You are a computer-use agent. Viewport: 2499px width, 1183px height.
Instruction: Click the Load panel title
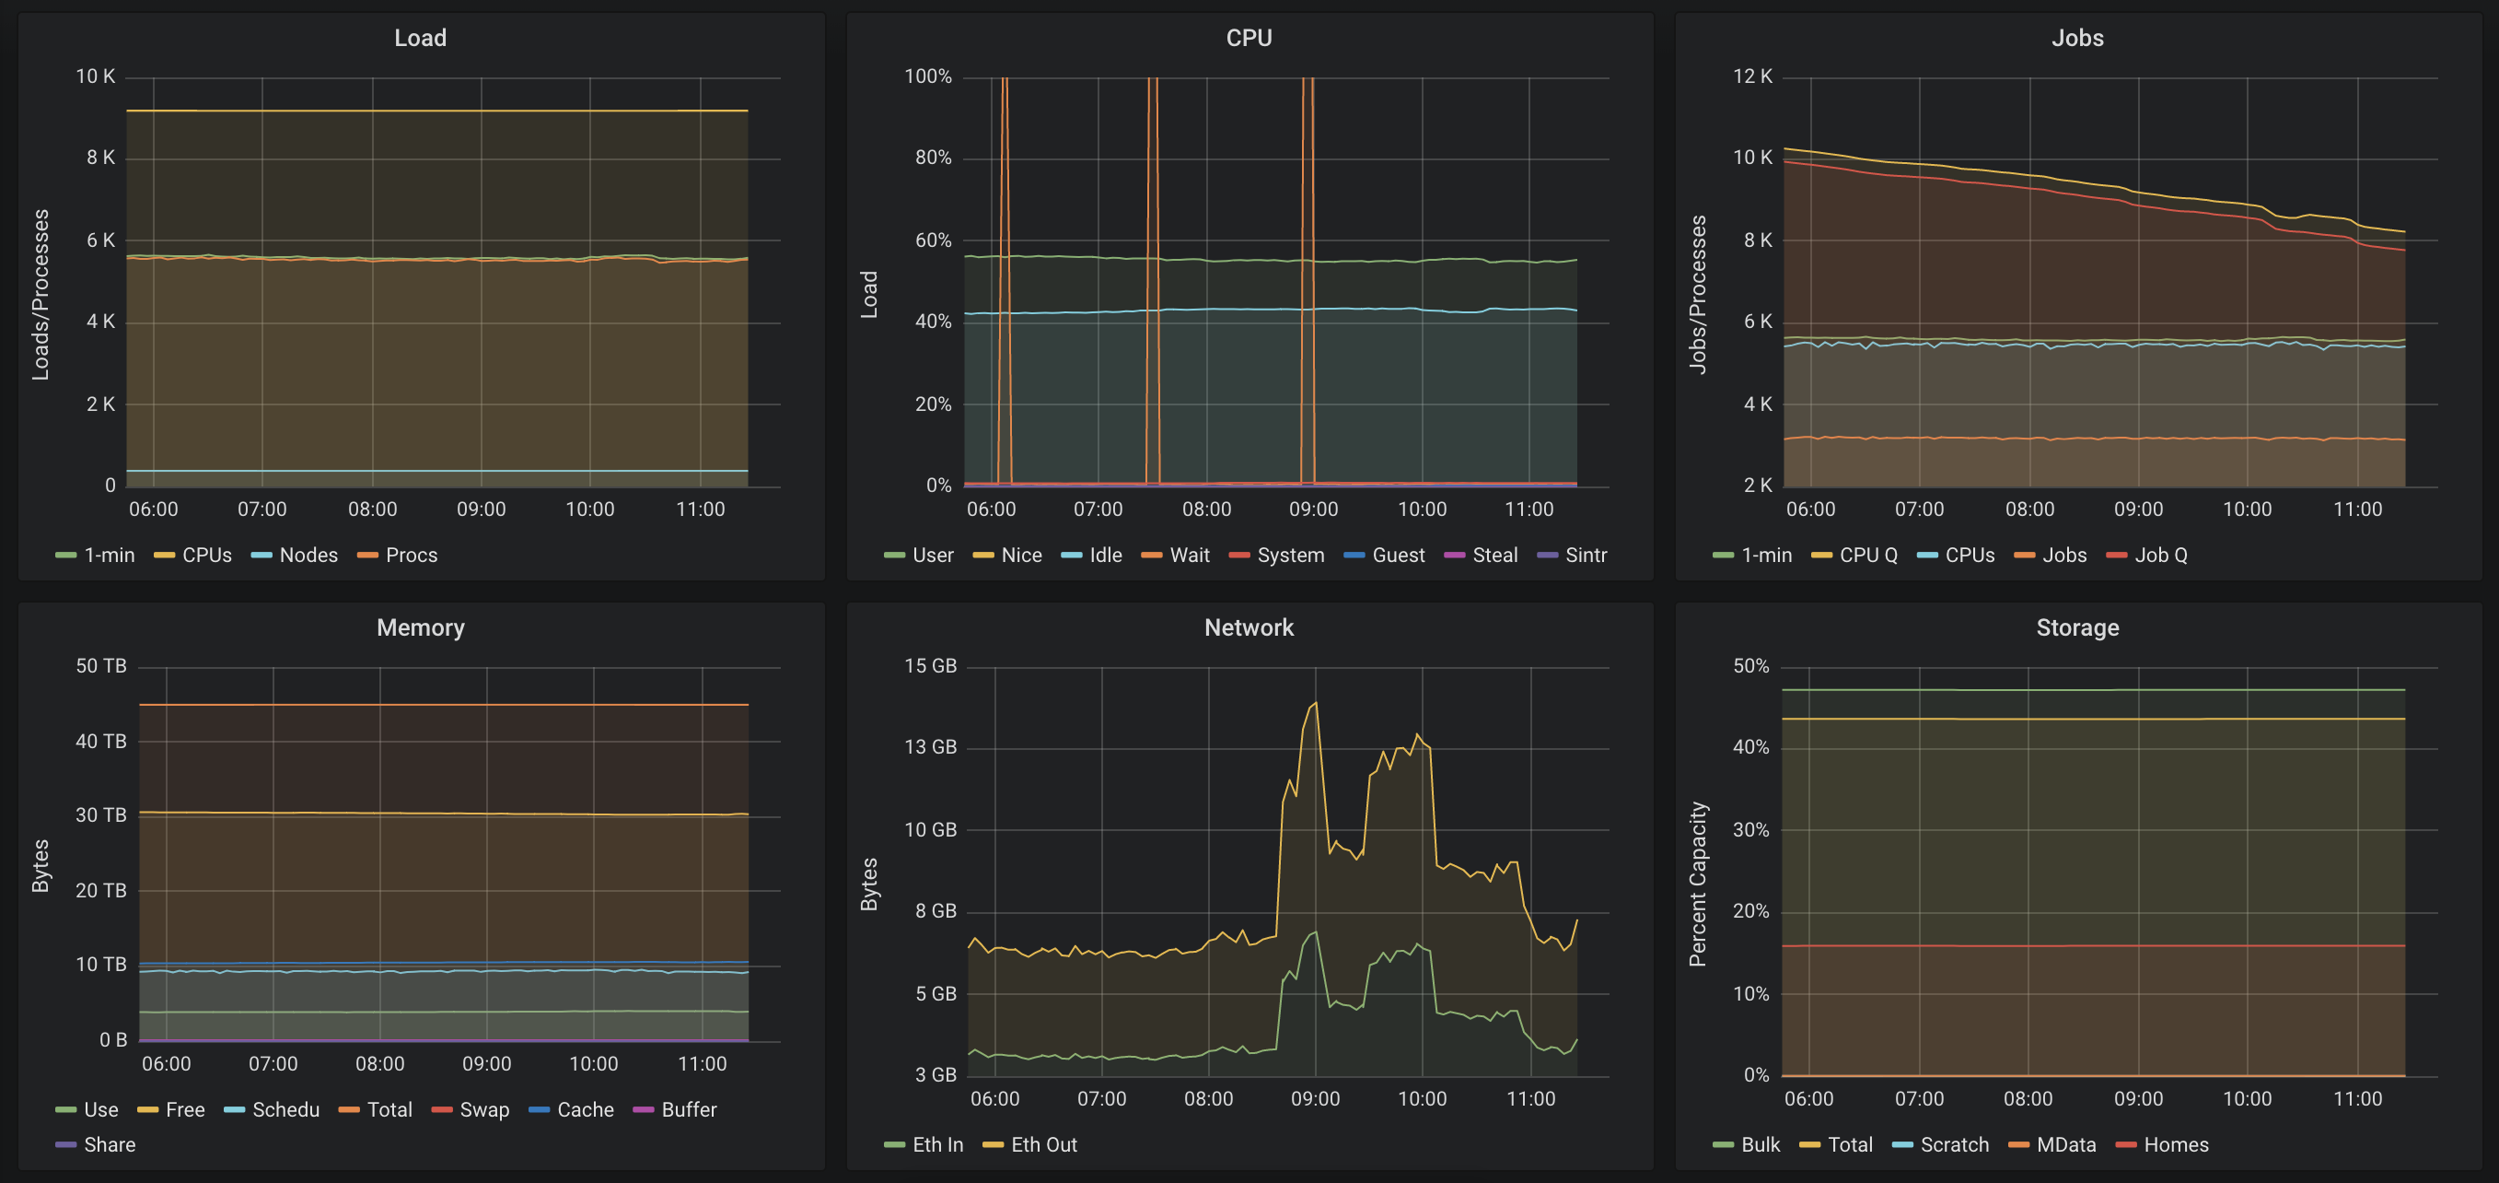pyautogui.click(x=420, y=38)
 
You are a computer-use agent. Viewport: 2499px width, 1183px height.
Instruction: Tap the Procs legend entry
pyautogui.click(x=397, y=556)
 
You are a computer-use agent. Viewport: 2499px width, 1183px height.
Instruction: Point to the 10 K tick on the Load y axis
pyautogui.click(x=95, y=76)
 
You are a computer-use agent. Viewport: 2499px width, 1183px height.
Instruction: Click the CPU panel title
pyautogui.click(x=1249, y=38)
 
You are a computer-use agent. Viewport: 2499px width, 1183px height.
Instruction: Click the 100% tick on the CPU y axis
pyautogui.click(x=927, y=76)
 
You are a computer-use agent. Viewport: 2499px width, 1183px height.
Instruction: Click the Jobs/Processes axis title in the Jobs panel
pyautogui.click(x=1698, y=294)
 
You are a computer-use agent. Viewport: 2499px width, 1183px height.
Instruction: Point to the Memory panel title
pyautogui.click(x=420, y=627)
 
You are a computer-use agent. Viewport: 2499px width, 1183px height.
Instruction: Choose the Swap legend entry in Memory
pyautogui.click(x=471, y=1109)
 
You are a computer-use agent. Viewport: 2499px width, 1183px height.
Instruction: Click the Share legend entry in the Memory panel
pyautogui.click(x=95, y=1144)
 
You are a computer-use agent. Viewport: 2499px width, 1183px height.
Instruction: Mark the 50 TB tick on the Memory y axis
pyautogui.click(x=101, y=666)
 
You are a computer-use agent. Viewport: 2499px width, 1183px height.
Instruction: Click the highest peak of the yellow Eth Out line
pyautogui.click(x=1316, y=703)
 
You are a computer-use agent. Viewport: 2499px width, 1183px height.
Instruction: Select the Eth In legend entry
pyautogui.click(x=924, y=1144)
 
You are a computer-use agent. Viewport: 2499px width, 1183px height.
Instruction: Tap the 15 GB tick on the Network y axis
pyautogui.click(x=930, y=666)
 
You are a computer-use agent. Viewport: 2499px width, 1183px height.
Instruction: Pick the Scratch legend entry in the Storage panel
pyautogui.click(x=1940, y=1144)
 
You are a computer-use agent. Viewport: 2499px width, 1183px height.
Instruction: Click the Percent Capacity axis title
pyautogui.click(x=1698, y=884)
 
